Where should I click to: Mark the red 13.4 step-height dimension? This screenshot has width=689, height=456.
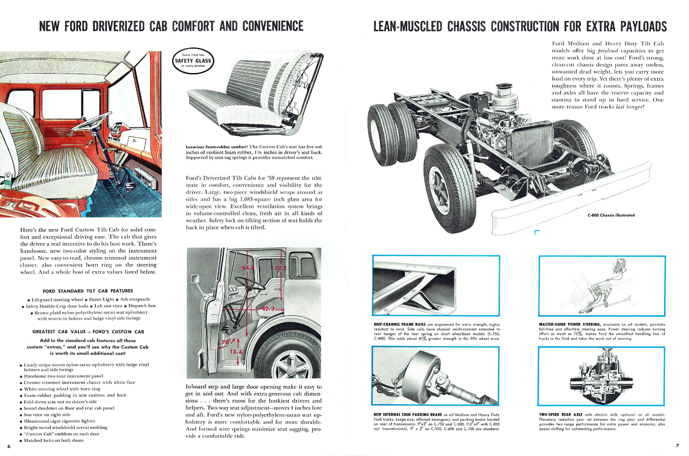[236, 352]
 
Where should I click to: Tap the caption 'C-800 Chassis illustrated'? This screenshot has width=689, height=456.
[611, 215]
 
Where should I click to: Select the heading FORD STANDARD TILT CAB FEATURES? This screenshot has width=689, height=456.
[88, 291]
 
